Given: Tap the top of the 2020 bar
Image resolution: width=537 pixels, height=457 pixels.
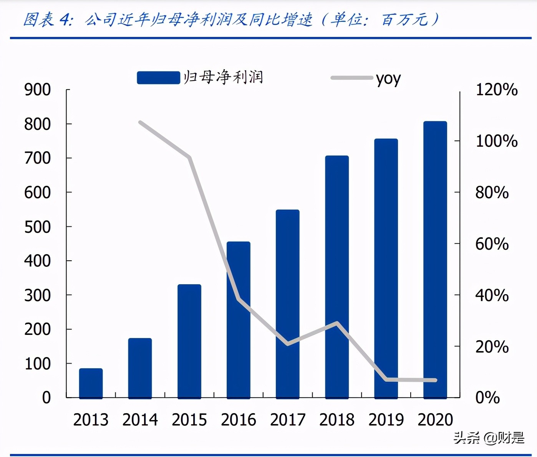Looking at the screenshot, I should (x=435, y=123).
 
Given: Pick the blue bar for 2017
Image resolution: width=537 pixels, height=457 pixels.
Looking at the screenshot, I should (x=287, y=303).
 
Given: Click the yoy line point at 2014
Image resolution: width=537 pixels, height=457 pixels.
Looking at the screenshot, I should (x=140, y=123).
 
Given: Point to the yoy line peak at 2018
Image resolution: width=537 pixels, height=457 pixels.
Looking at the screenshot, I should (x=337, y=323).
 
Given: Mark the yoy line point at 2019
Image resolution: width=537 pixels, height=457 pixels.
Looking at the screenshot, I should (x=386, y=379).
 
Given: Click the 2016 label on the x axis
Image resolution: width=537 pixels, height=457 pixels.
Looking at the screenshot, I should (x=238, y=420).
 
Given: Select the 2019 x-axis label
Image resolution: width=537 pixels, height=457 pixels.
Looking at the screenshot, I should (x=386, y=420).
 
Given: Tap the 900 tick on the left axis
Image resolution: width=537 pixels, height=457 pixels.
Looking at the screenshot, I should (x=37, y=90).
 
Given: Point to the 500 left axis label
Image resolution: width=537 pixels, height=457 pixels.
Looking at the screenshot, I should (x=37, y=227).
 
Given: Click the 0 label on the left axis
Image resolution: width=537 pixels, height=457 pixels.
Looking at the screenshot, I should (x=46, y=397).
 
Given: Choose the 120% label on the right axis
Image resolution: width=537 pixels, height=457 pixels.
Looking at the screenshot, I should (x=496, y=90).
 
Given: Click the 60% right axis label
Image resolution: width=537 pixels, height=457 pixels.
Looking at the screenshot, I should (x=492, y=244).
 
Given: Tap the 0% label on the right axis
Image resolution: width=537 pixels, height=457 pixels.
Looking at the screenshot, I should (x=487, y=397).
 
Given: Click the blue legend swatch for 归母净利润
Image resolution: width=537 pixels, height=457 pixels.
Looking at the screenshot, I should (x=158, y=78).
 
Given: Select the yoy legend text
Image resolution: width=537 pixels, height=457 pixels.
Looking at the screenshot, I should (x=388, y=79).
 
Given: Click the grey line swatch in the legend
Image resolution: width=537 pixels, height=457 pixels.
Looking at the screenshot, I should (x=351, y=78).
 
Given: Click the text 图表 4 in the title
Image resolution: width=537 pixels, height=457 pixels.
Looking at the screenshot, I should (x=48, y=20).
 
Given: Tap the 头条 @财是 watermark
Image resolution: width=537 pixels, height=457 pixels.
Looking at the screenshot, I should (x=489, y=437).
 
